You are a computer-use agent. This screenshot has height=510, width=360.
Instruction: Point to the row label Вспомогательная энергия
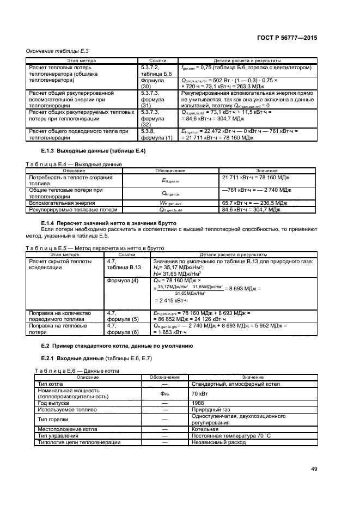click(54, 202)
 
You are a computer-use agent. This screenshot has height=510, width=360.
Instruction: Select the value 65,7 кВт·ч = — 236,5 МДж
click(256, 202)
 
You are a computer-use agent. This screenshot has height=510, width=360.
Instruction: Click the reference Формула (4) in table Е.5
click(123, 280)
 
